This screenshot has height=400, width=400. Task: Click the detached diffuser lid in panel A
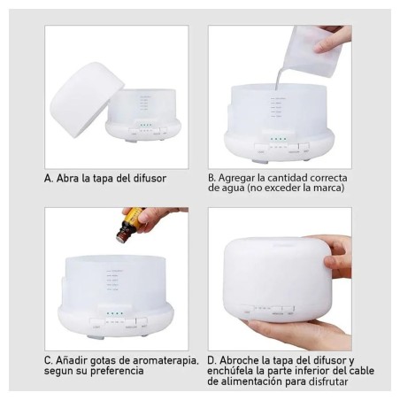[x=86, y=99]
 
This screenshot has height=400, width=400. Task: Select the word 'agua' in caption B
[x=234, y=188]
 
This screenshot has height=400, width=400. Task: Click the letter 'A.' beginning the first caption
[x=49, y=178]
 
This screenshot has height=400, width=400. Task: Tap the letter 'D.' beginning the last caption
[x=212, y=360]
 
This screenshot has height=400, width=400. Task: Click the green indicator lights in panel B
[x=279, y=139]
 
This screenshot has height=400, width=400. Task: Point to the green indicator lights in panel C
[x=115, y=313]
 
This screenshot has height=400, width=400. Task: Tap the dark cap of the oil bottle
[x=122, y=235]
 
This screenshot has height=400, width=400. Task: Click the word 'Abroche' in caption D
[x=239, y=360]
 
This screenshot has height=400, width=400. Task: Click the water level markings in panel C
[x=114, y=280]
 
